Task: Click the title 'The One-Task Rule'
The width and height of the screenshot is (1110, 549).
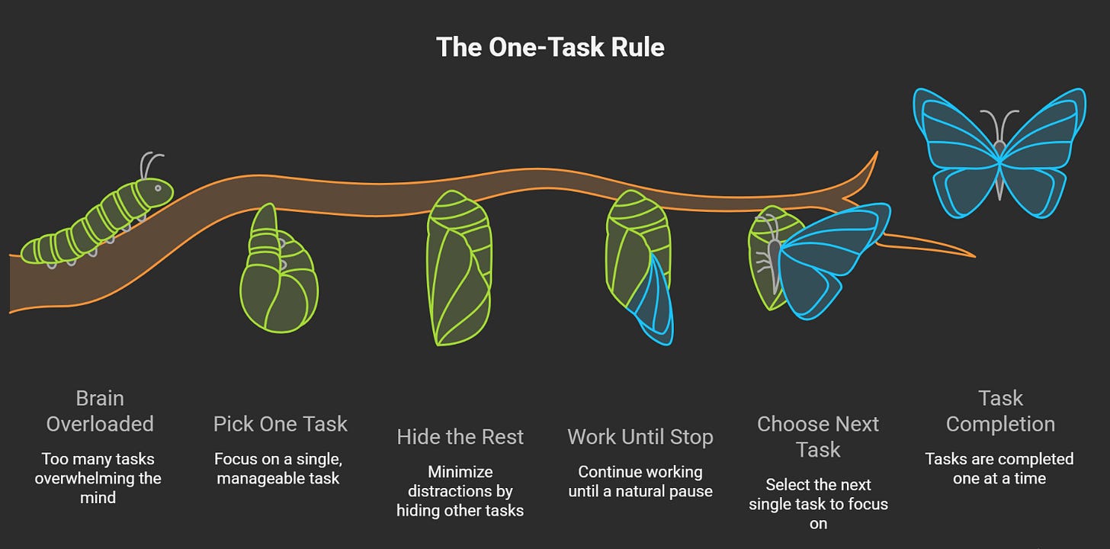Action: point(550,47)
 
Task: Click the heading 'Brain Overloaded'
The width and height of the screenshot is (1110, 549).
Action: point(100,411)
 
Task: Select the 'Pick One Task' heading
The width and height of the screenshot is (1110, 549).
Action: point(281,424)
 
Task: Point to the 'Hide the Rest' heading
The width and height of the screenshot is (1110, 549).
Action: point(460,437)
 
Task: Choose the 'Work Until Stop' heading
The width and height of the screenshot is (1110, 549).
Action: point(640,437)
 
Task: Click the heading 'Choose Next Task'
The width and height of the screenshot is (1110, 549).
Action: point(818,437)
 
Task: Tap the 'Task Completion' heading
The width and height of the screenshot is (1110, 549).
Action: point(1000,411)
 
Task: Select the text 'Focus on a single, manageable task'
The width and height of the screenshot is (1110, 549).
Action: point(277,469)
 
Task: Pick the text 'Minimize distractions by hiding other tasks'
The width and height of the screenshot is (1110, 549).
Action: point(460,491)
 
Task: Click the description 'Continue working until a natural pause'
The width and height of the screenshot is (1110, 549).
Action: point(640,482)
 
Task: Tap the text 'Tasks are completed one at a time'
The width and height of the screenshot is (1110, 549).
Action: point(999,469)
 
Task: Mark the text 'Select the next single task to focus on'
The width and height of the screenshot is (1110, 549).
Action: point(818,504)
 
